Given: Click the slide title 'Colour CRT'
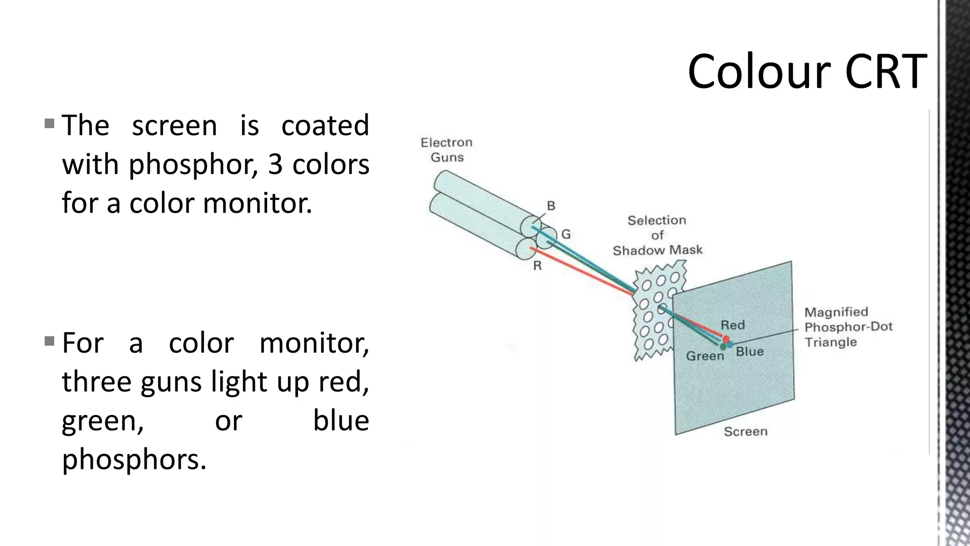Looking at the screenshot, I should [807, 72].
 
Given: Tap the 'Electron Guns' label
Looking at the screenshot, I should [447, 150].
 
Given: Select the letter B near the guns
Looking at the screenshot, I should [551, 206].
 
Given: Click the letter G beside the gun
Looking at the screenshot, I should [566, 234].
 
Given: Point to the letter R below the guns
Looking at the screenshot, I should [537, 266].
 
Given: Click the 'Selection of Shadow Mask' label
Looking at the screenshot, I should [657, 235].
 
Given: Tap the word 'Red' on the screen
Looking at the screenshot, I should [732, 325].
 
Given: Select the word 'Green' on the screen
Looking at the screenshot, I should [705, 356].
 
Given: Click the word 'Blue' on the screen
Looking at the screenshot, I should [749, 352].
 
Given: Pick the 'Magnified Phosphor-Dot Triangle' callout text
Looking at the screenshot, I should [848, 327].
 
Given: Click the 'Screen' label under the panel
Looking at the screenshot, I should [745, 431].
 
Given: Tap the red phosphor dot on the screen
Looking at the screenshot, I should [726, 339].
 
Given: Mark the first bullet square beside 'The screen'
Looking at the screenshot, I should [49, 124].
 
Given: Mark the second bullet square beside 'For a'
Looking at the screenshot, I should [49, 341].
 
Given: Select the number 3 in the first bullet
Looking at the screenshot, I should [275, 164].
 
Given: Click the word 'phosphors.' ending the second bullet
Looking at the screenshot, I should [135, 459].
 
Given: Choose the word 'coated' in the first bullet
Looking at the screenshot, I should [325, 125].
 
